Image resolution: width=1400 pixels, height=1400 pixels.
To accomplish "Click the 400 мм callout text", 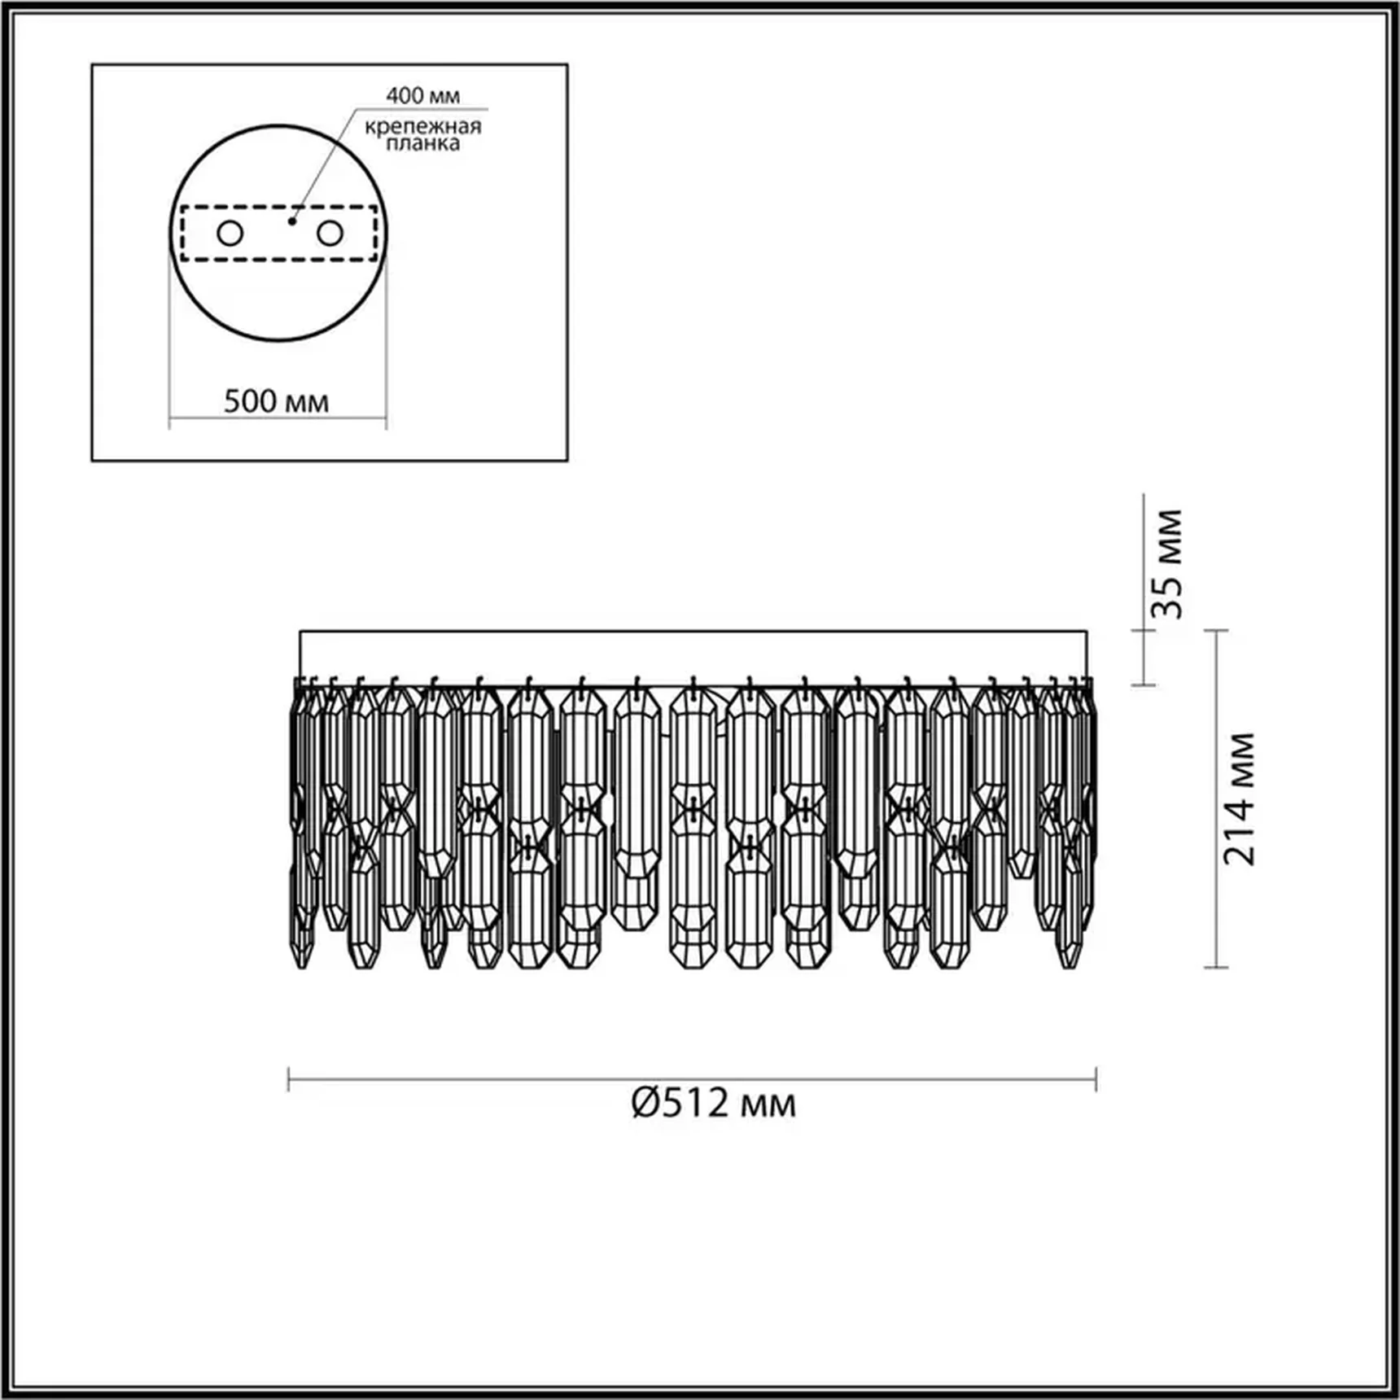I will tap(422, 96).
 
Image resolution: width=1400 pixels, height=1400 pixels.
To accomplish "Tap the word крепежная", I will tap(422, 127).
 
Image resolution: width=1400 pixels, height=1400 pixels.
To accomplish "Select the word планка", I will tap(422, 144).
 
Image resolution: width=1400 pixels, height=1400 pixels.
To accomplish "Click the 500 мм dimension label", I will tap(276, 401).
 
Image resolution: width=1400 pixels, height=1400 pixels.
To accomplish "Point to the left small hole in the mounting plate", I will tap(230, 234).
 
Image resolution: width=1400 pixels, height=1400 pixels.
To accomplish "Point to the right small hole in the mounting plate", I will tap(330, 234).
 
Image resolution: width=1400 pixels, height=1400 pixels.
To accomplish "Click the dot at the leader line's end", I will tap(291, 221).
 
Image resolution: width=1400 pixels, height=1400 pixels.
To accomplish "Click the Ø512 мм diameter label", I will tap(713, 1104).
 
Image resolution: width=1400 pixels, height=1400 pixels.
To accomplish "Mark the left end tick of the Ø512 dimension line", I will tap(289, 1080).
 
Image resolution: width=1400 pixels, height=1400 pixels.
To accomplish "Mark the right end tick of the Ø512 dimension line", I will tap(1096, 1080).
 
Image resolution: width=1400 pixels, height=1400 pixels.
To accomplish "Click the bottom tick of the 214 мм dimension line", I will tap(1216, 967).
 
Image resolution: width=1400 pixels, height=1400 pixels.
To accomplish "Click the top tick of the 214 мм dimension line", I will tap(1216, 630).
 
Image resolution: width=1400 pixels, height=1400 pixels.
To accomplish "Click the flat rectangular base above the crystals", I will tap(693, 658).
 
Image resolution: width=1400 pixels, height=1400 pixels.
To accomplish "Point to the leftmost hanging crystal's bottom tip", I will tap(302, 966).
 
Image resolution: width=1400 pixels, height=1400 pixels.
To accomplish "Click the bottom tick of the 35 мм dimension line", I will tap(1144, 685).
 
